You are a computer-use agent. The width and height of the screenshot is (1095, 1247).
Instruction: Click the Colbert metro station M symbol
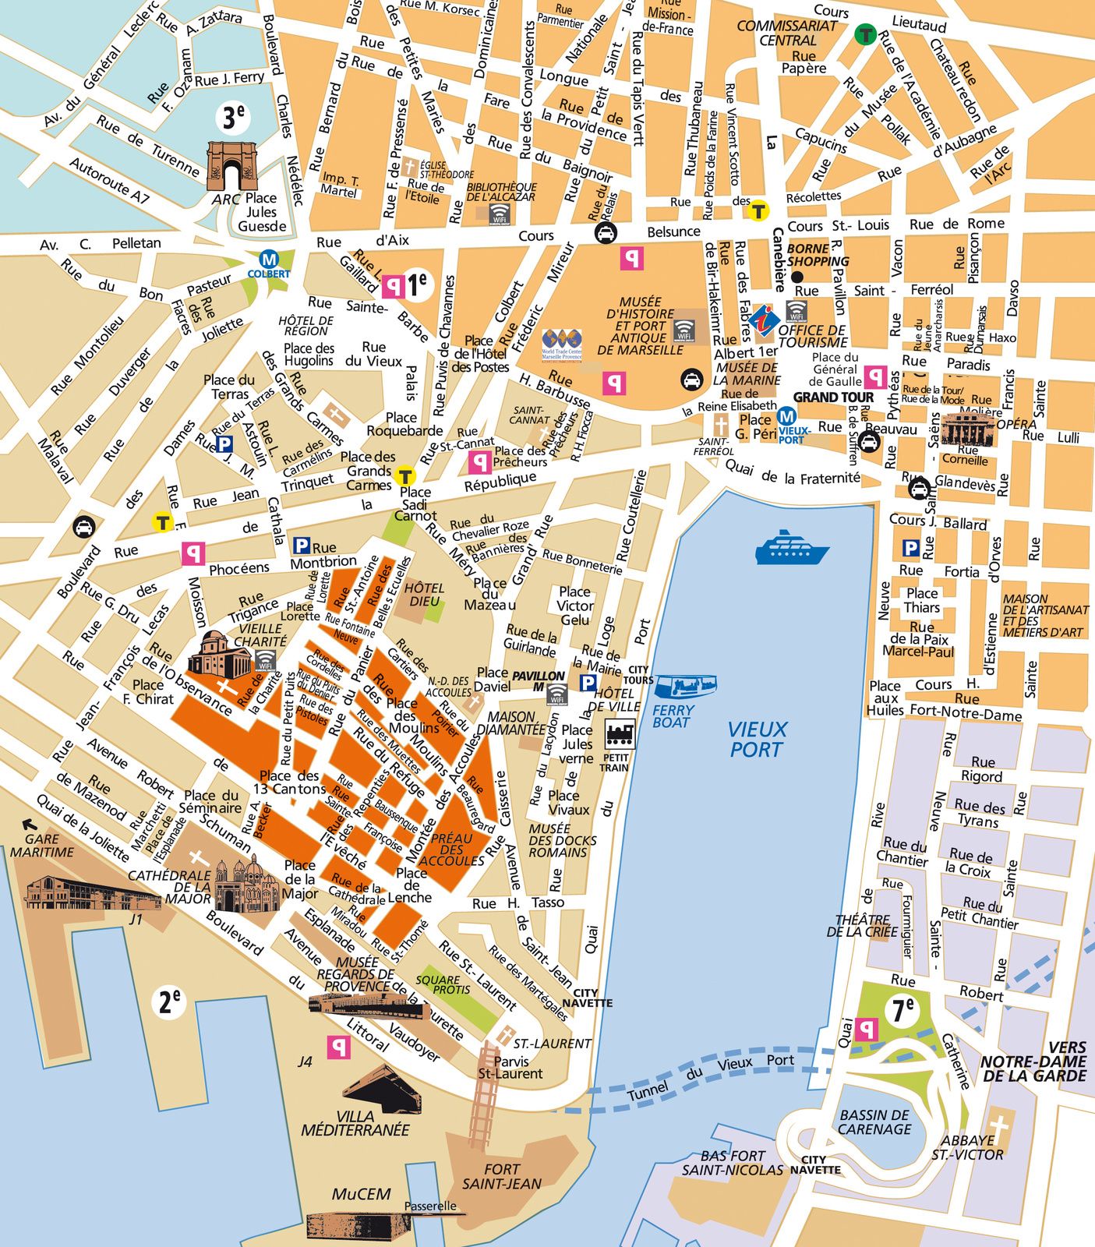(269, 260)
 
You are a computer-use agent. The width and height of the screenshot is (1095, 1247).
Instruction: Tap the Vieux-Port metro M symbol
(786, 417)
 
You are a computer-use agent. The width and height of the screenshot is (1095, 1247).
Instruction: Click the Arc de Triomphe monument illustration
(231, 166)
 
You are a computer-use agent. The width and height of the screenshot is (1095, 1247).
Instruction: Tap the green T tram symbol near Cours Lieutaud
(864, 34)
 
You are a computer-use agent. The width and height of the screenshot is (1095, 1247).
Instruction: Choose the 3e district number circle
(233, 118)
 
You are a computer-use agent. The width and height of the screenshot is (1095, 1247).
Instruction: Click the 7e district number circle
(902, 1010)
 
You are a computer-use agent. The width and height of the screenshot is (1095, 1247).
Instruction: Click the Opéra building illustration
(969, 429)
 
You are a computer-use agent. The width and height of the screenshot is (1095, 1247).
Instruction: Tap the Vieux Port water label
(756, 740)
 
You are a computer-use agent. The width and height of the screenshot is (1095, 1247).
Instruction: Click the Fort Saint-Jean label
(501, 1177)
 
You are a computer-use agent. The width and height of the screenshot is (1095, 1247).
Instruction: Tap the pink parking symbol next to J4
(338, 1047)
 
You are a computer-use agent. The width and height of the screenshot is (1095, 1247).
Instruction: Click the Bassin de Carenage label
(874, 1122)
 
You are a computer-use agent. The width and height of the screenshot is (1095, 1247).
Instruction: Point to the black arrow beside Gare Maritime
(30, 823)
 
